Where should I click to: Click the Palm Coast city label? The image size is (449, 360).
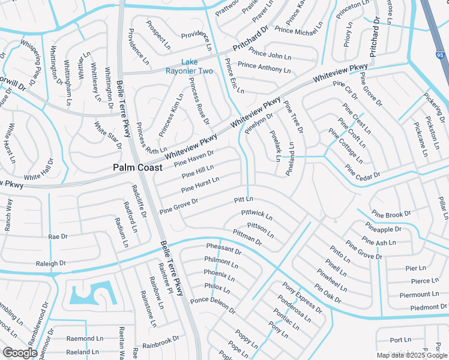coord(137,169)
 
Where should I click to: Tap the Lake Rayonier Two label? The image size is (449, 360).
coord(197,67)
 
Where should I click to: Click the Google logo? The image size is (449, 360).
coord(20,353)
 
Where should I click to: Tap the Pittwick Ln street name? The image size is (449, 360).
coord(256,214)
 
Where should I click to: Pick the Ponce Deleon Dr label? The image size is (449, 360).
coord(212,305)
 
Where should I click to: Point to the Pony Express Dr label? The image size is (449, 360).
coord(303,298)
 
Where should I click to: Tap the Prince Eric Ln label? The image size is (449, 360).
coord(234,76)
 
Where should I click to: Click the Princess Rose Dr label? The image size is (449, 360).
coord(199,101)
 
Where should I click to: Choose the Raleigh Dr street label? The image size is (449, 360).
coord(50,263)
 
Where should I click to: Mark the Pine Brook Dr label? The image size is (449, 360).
coord(391,214)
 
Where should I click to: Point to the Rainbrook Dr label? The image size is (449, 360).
coord(161,343)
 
